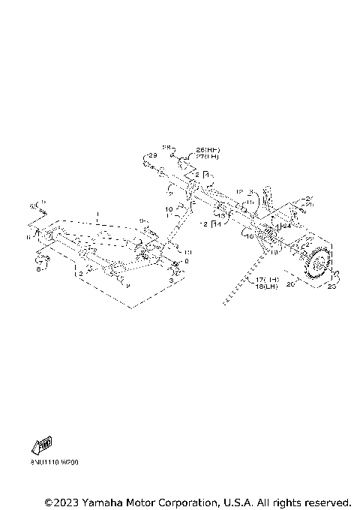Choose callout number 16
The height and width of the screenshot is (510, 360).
pos(248,235)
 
